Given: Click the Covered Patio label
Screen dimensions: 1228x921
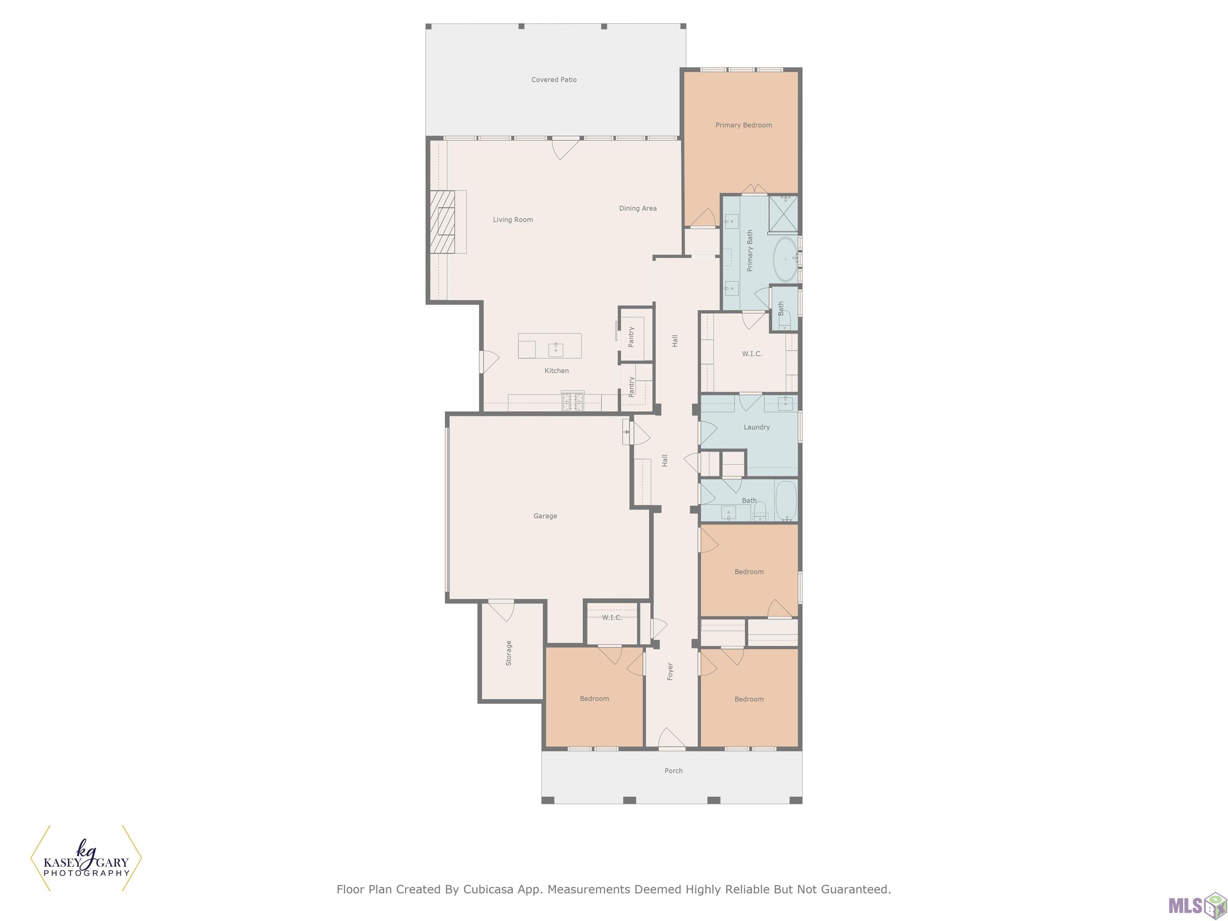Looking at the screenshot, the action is point(554,80).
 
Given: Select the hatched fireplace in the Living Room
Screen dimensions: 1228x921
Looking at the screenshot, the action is point(443,222).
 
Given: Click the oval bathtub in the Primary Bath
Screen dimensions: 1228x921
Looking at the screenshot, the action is point(785,259).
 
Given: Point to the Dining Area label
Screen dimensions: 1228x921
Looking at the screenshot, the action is point(638,209).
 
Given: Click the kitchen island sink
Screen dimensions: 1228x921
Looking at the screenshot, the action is point(556,349).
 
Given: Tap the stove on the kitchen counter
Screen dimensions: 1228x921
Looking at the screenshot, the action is point(573,401).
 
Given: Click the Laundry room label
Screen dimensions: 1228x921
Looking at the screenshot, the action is point(757,427).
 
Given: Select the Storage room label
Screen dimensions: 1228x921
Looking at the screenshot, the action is point(508,653).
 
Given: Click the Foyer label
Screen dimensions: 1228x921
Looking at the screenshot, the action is point(670,671).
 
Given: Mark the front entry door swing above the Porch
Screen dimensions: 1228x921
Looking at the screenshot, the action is point(672,738).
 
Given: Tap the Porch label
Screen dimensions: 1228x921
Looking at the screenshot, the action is point(674,771).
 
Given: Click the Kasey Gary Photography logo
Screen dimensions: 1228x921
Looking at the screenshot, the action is point(86,858).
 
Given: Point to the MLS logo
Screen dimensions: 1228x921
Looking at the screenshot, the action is point(1197,905).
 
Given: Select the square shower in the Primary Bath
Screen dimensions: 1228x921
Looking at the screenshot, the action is point(783,214).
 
